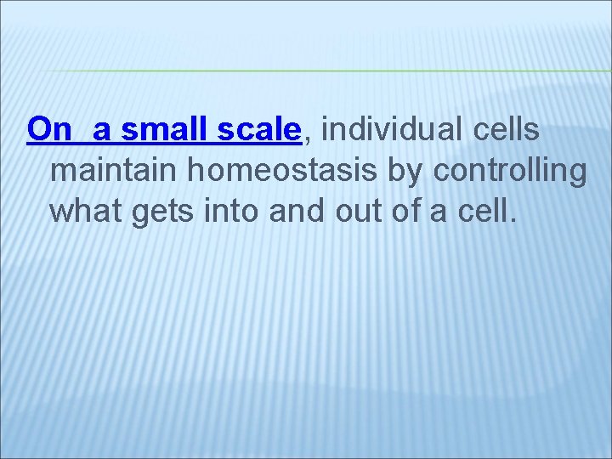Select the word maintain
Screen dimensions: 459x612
(115, 171)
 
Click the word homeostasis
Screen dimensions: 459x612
(284, 171)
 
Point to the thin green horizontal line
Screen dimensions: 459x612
(340, 71)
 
